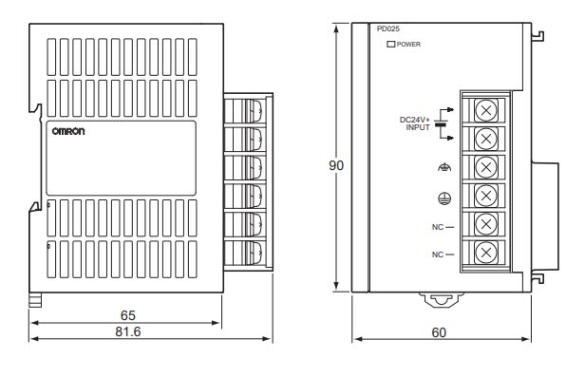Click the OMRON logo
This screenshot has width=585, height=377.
pyautogui.click(x=68, y=131)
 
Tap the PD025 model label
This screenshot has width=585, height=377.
pyautogui.click(x=388, y=28)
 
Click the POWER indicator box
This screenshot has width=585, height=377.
pyautogui.click(x=391, y=44)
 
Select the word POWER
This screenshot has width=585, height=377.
pyautogui.click(x=408, y=44)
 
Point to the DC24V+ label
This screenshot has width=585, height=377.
pyautogui.click(x=414, y=120)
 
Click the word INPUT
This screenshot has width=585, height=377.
pyautogui.click(x=418, y=127)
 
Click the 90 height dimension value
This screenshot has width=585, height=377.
pyautogui.click(x=336, y=165)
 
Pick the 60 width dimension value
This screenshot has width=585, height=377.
pyautogui.click(x=439, y=332)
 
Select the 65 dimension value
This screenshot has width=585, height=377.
pyautogui.click(x=127, y=315)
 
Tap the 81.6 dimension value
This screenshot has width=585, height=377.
pyautogui.click(x=128, y=331)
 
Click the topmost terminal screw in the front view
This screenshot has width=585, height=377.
pyautogui.click(x=486, y=110)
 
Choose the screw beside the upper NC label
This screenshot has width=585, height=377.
pyautogui.click(x=486, y=224)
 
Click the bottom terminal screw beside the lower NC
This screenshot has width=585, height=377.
pyautogui.click(x=486, y=253)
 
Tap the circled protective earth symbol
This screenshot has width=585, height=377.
pyautogui.click(x=444, y=198)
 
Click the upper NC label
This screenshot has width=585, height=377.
pyautogui.click(x=438, y=227)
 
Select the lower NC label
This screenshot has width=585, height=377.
pyautogui.click(x=438, y=254)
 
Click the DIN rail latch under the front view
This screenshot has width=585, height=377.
pyautogui.click(x=442, y=299)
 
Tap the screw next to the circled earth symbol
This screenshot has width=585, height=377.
pyautogui.click(x=486, y=195)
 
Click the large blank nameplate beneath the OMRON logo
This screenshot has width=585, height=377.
pyautogui.click(x=121, y=158)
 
